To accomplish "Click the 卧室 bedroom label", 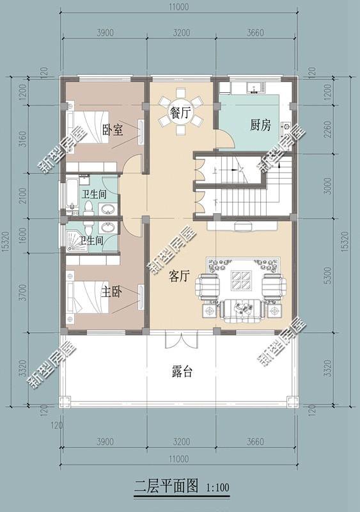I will point(113,131).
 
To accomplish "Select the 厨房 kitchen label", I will point(260,125).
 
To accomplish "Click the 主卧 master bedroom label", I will point(113,292).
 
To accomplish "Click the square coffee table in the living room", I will point(241,281).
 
